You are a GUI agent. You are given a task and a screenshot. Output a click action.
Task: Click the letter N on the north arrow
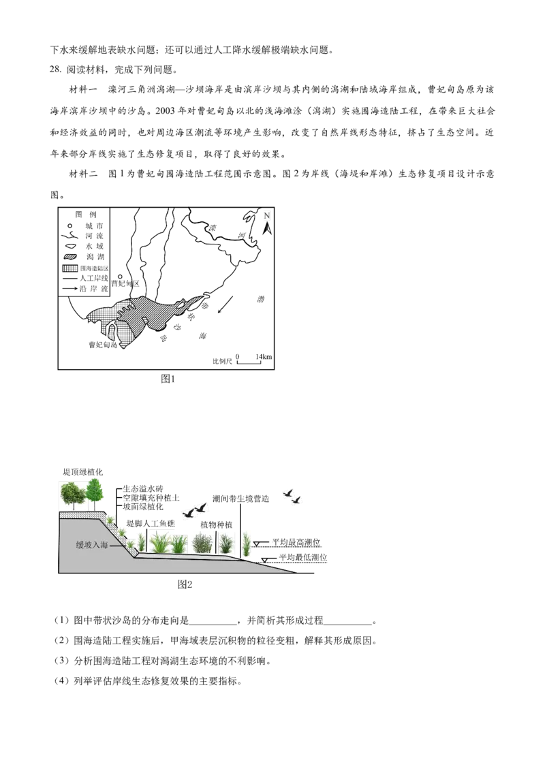coord(267,216)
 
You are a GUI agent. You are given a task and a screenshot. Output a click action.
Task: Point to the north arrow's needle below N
coord(269,229)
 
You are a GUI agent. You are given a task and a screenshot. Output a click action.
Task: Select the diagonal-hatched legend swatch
coord(70,257)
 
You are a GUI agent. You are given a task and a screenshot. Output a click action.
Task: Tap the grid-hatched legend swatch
coord(70,268)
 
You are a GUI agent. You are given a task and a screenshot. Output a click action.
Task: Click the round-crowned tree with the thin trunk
coord(72,493)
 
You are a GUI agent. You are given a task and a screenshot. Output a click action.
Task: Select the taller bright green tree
coord(95,490)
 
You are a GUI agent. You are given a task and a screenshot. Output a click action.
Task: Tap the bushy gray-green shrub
coord(202,542)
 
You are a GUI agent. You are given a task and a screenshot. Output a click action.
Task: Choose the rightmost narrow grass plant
coord(246,542)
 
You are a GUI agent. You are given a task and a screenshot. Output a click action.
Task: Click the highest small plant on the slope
coord(110,519)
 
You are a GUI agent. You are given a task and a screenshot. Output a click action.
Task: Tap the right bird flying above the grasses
coord(201,507)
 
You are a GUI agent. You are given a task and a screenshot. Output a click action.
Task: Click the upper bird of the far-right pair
coord(288,492)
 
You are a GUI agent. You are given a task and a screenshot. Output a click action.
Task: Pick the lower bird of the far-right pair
coord(296,501)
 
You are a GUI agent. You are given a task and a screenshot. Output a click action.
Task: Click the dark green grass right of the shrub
coord(225,542)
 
